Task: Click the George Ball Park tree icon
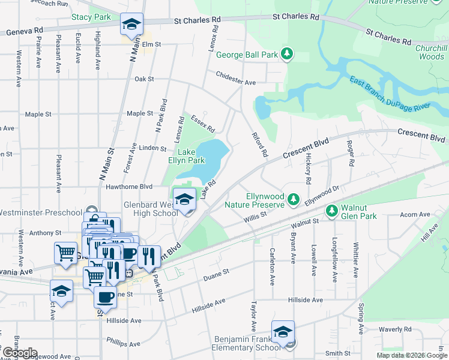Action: pyautogui.click(x=288, y=55)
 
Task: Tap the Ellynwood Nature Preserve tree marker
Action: pyautogui.click(x=293, y=199)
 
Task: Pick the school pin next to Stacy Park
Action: pyautogui.click(x=131, y=25)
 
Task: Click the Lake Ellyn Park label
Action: pyautogui.click(x=186, y=156)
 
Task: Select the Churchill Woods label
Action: pyautogui.click(x=431, y=53)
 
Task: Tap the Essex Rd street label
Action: pyautogui.click(x=202, y=124)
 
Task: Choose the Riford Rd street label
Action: pyautogui.click(x=259, y=145)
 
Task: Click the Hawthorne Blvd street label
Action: pyautogui.click(x=130, y=186)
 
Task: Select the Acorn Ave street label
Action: pyautogui.click(x=416, y=214)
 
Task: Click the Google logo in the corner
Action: pyautogui.click(x=19, y=353)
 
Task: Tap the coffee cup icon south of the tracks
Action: pyautogui.click(x=106, y=297)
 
